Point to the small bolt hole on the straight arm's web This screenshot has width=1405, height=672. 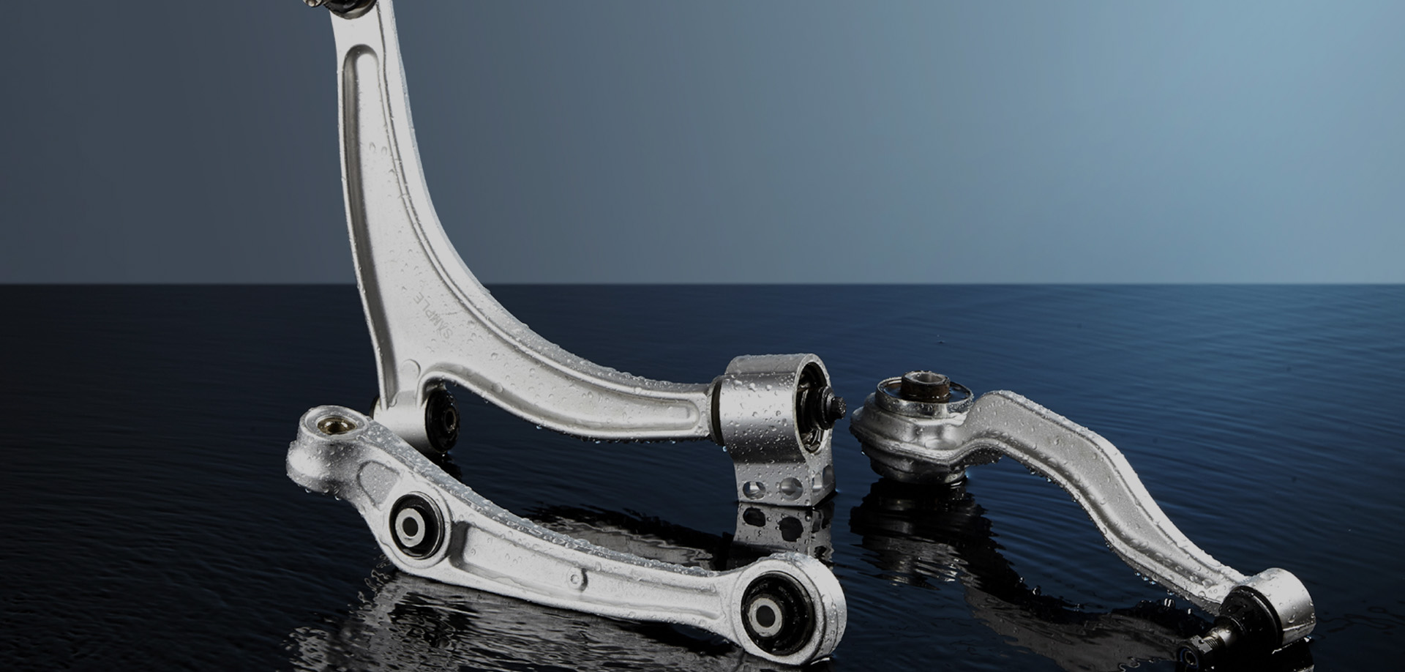tap(578, 578)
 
